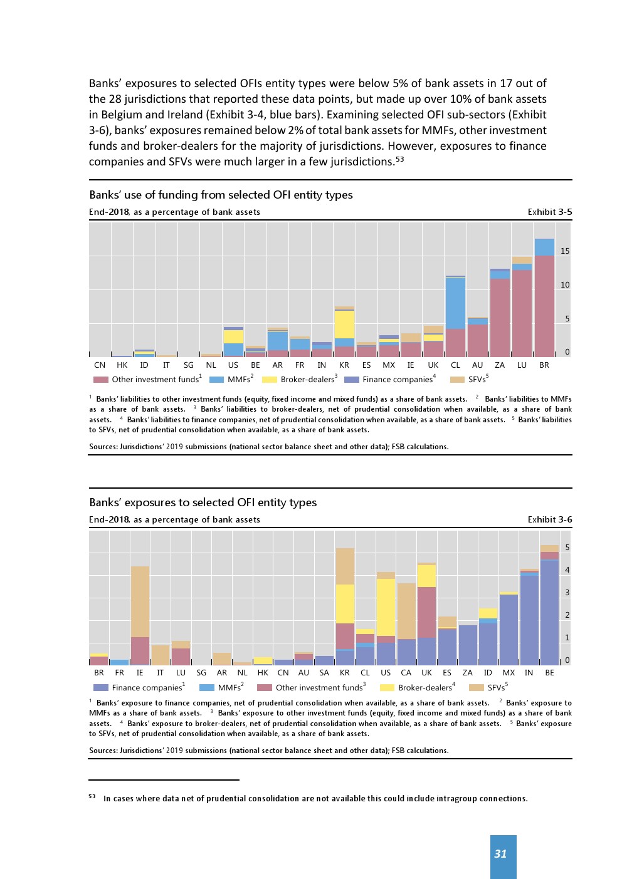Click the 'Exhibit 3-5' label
(549, 212)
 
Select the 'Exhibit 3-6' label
(549, 519)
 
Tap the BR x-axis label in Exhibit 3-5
(544, 365)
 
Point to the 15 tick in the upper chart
(565, 251)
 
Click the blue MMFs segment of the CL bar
(455, 303)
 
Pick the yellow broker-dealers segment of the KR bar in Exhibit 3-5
(344, 324)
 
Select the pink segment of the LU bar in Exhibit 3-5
(522, 313)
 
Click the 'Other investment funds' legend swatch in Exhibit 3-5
(100, 380)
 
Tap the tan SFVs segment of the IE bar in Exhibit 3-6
(140, 601)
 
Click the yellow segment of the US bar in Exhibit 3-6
(386, 606)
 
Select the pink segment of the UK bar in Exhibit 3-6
(426, 612)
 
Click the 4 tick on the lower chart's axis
(567, 570)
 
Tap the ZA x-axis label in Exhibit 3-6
(467, 673)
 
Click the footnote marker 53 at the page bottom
(92, 797)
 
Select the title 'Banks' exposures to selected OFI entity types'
(203, 502)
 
